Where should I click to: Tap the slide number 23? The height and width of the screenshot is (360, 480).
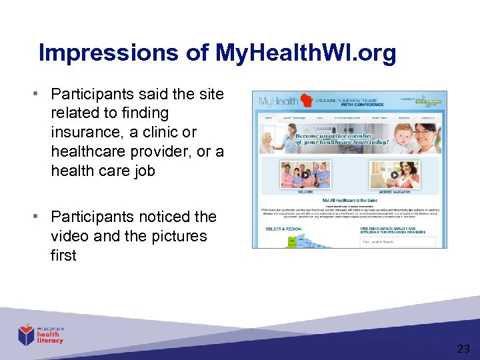[x=463, y=348]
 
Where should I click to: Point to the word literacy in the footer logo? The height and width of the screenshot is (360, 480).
[x=50, y=341]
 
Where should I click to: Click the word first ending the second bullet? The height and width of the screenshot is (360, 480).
[x=63, y=255]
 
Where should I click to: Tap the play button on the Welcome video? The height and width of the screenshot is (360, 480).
[x=305, y=175]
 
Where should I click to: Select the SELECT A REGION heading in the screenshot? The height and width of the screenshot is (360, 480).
[x=283, y=229]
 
